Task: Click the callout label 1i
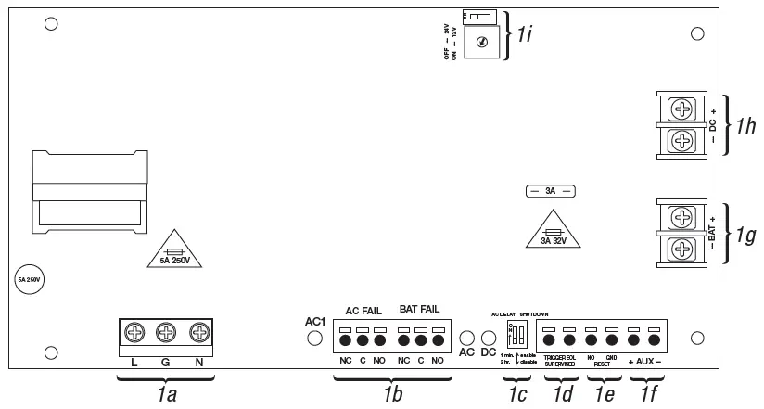click(525, 35)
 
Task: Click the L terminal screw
click(134, 332)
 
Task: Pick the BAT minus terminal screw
click(682, 249)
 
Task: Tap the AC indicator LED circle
click(467, 339)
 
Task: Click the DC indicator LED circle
click(489, 339)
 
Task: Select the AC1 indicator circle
click(313, 339)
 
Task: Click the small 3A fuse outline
click(551, 192)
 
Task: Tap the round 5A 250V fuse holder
click(25, 278)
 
